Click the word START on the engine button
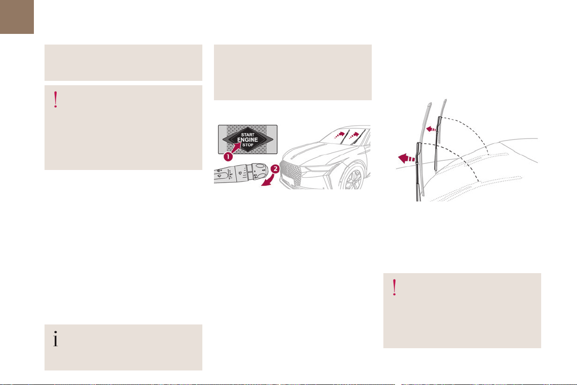tap(248, 135)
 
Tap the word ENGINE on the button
tap(248, 140)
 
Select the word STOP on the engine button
tap(248, 145)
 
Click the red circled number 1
tap(228, 156)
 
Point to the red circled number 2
tap(275, 169)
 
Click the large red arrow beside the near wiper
tap(407, 159)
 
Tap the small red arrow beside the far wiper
tap(431, 129)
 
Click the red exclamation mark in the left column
tap(56, 99)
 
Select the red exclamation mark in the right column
tap(395, 288)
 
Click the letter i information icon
tap(55, 339)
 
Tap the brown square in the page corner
tap(17, 17)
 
